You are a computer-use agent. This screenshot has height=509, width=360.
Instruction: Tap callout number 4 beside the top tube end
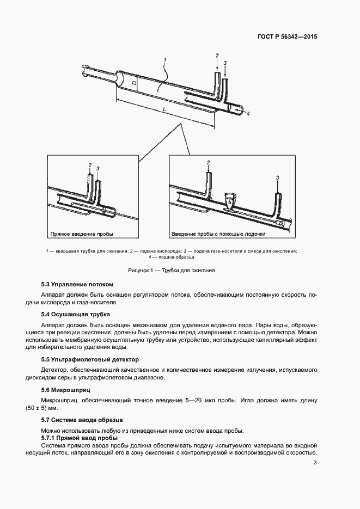click(248, 114)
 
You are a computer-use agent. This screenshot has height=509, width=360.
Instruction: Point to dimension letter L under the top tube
click(164, 109)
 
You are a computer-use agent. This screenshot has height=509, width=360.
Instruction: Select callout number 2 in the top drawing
click(217, 56)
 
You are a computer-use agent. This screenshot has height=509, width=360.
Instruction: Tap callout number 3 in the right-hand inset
click(278, 177)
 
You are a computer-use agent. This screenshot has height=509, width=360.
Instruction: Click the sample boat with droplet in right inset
click(230, 200)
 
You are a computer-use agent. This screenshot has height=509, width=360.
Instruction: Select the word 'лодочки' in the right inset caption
click(254, 234)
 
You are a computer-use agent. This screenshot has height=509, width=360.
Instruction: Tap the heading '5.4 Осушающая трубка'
click(76, 315)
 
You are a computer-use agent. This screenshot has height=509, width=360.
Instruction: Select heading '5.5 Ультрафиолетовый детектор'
click(90, 359)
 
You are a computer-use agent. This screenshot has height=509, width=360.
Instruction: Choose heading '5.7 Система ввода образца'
click(82, 420)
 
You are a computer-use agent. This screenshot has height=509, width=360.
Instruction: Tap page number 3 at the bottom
click(315, 463)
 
